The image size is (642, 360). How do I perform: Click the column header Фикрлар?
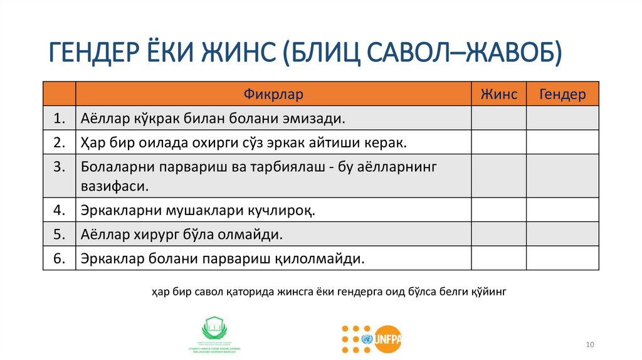[x=273, y=94]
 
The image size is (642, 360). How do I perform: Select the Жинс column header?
[x=498, y=94]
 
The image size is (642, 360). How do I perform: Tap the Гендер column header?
[x=562, y=94]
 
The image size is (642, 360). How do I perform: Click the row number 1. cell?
[x=60, y=118]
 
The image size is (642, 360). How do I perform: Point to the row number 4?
[x=60, y=210]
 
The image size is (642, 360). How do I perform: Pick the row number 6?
[x=60, y=258]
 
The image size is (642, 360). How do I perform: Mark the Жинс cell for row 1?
[x=498, y=118]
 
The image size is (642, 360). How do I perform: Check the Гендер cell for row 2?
[x=562, y=142]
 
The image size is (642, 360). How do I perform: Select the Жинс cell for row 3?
[x=498, y=176]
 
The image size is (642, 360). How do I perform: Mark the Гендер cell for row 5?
[x=562, y=234]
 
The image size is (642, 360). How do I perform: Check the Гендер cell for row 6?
[x=562, y=258]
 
